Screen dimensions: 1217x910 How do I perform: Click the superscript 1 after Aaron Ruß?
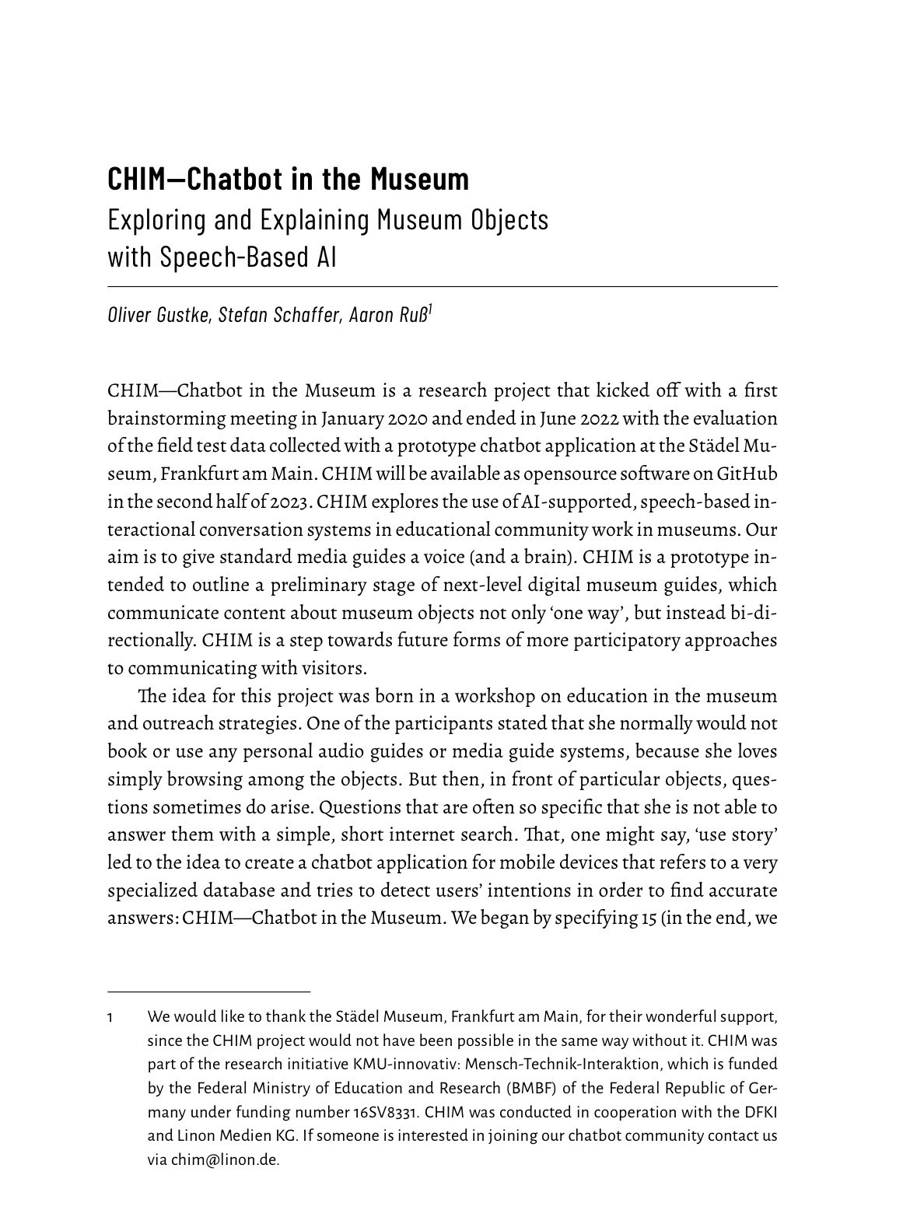(x=431, y=311)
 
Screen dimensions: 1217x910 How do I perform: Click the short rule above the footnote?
(x=208, y=991)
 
